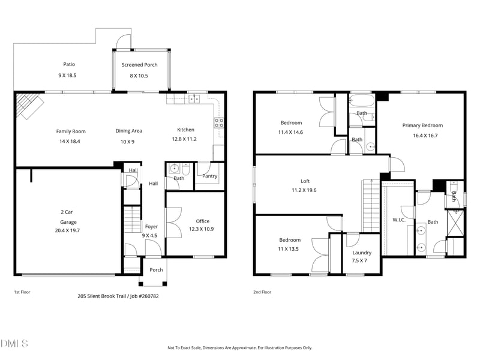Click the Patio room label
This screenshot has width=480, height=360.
click(x=69, y=64)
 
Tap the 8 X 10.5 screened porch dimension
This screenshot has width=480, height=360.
click(x=139, y=76)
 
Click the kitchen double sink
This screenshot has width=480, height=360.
click(x=194, y=99)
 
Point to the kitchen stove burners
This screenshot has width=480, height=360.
click(x=219, y=123)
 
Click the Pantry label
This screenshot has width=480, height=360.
click(x=209, y=176)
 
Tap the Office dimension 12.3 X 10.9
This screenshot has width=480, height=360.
click(x=201, y=229)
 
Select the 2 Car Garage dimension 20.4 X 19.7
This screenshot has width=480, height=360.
click(x=67, y=230)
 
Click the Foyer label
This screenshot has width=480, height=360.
click(x=152, y=227)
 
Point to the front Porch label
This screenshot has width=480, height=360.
click(x=156, y=269)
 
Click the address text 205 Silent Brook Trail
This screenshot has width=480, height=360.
click(x=101, y=296)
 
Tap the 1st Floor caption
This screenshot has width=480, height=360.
click(x=22, y=292)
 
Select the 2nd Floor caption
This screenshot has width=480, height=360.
click(x=262, y=292)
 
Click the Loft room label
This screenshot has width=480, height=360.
click(x=305, y=181)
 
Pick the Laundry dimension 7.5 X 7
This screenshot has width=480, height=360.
click(x=359, y=261)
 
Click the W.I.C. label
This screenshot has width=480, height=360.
click(x=399, y=220)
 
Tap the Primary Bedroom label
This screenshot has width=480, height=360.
click(x=422, y=125)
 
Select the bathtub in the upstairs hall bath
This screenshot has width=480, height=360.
click(x=362, y=101)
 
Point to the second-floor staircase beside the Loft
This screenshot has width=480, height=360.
click(x=371, y=206)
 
